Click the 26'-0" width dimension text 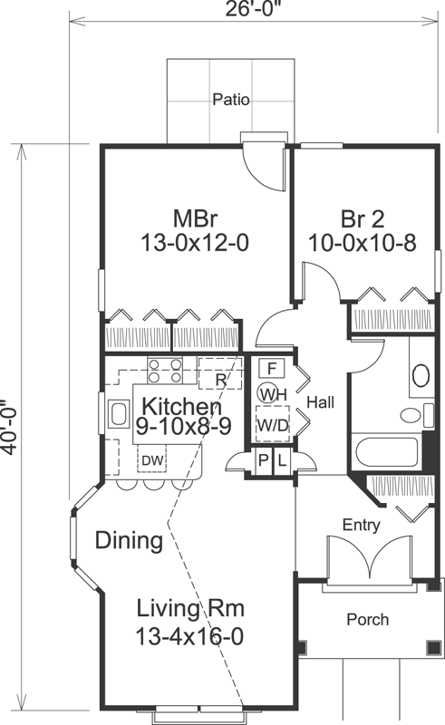[257, 10]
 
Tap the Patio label [231, 100]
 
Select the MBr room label [194, 218]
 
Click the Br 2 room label [363, 219]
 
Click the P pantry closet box [263, 461]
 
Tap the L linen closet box [283, 461]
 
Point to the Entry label [361, 525]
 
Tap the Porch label [368, 620]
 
